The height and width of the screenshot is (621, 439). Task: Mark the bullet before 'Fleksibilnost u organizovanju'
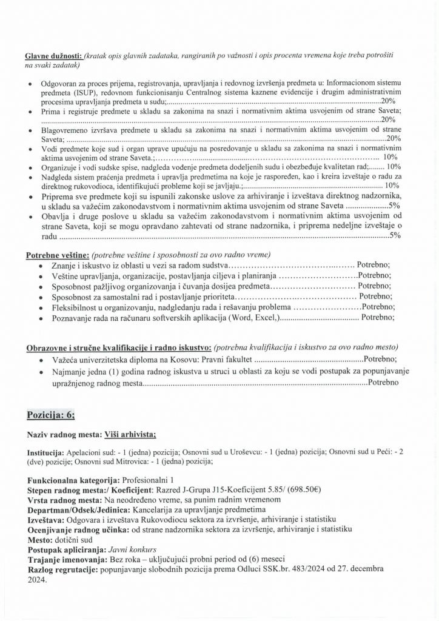pos(40,307)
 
